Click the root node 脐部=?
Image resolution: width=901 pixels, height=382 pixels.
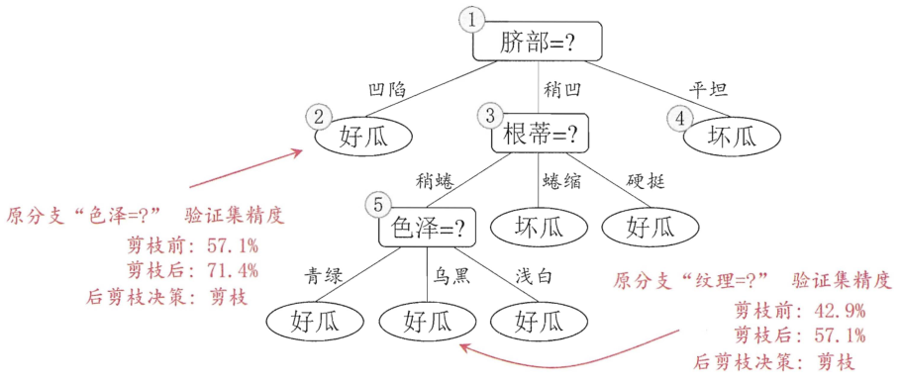537,42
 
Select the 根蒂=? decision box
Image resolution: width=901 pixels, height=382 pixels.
539,133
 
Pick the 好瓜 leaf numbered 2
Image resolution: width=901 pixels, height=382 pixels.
364,137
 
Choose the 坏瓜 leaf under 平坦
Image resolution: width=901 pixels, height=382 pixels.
732,136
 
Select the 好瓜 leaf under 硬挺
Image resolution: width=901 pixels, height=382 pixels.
650,228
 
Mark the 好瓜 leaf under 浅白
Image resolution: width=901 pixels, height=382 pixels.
539,319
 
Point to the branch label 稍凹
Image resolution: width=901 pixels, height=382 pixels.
561,89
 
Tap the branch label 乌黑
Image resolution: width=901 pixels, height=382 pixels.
451,275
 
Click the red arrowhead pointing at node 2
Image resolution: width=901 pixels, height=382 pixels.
298,151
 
